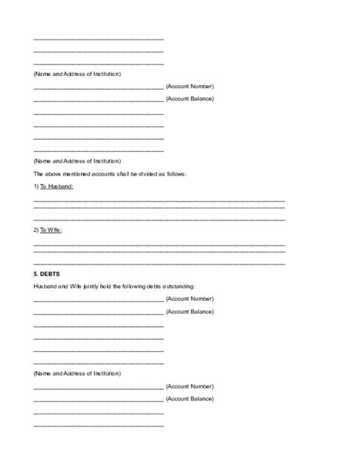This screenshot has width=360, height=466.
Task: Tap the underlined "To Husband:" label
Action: [x=57, y=186]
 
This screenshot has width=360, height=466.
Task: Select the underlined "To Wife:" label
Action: [x=51, y=230]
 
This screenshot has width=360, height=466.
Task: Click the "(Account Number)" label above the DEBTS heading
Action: [x=189, y=87]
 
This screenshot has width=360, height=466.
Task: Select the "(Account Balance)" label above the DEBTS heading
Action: [x=189, y=99]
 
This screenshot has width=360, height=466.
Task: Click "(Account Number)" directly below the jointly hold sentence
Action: [x=189, y=299]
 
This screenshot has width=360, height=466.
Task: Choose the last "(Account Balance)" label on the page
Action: [x=189, y=398]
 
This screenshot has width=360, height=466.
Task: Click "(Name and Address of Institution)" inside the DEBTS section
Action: [x=77, y=374]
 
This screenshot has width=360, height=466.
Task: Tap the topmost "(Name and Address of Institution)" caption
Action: [x=77, y=74]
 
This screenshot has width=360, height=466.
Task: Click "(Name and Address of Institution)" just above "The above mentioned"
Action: [x=77, y=161]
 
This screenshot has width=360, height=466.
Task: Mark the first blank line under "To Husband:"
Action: [x=159, y=200]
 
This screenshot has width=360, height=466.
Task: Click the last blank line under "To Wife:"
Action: [x=159, y=262]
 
